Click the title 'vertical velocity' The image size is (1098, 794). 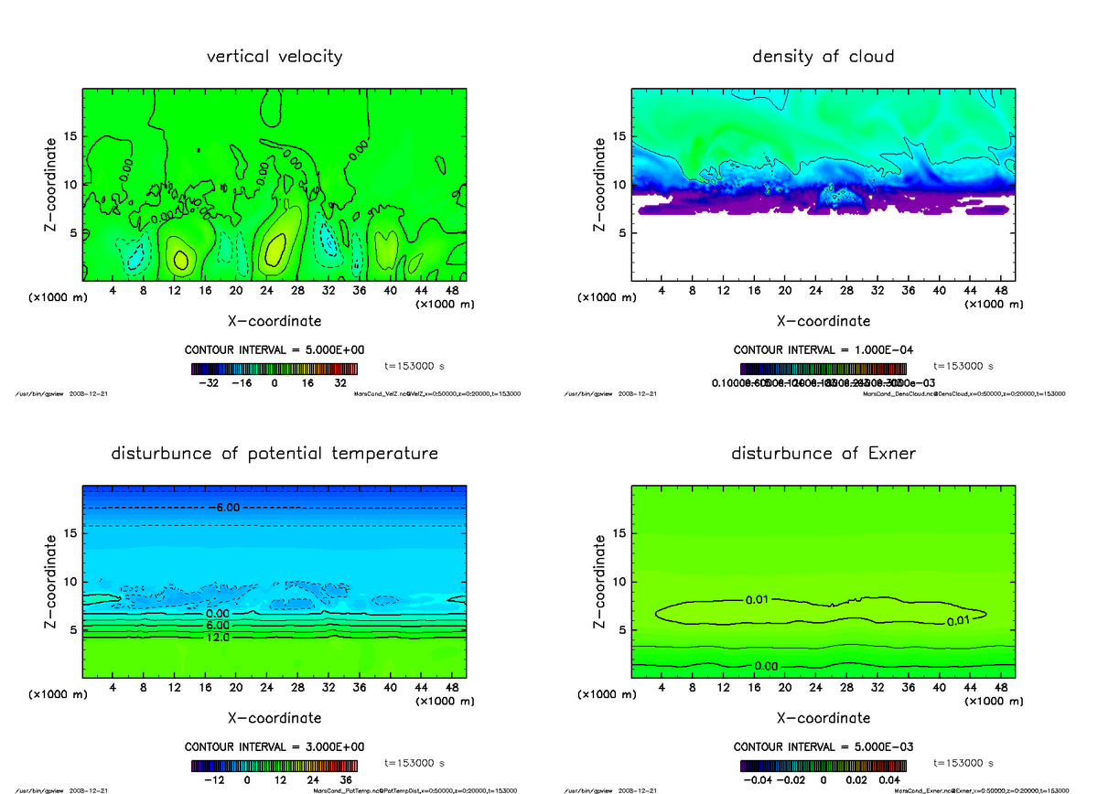tap(274, 57)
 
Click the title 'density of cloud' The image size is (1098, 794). tap(823, 57)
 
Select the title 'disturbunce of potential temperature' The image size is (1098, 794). tap(274, 454)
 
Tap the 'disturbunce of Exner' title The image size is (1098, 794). tap(823, 454)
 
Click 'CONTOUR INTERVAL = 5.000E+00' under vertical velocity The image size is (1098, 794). tap(274, 350)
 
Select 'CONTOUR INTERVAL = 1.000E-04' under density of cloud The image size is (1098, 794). tap(823, 350)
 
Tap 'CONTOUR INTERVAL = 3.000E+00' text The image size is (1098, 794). tap(274, 746)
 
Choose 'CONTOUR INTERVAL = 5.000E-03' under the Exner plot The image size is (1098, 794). tap(823, 746)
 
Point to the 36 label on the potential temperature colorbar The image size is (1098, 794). tap(346, 780)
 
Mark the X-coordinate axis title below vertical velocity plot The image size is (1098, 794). tap(274, 321)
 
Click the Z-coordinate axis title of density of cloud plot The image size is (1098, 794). tap(600, 184)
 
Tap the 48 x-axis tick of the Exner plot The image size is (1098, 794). tap(1000, 687)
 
